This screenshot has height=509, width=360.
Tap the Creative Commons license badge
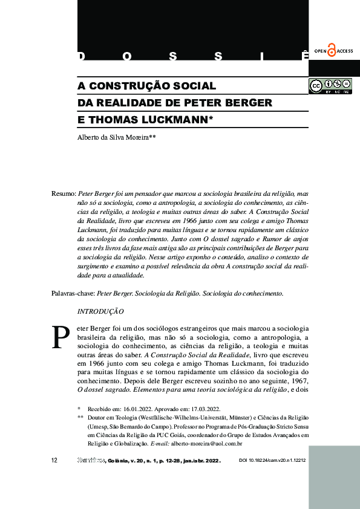pyautogui.click(x=330, y=86)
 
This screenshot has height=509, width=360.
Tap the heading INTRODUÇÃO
pyautogui.click(x=101, y=311)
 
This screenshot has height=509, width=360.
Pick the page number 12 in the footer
pyautogui.click(x=54, y=461)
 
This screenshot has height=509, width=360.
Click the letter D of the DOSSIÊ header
pyautogui.click(x=81, y=57)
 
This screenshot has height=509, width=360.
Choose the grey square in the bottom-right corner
pyautogui.click(x=334, y=478)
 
